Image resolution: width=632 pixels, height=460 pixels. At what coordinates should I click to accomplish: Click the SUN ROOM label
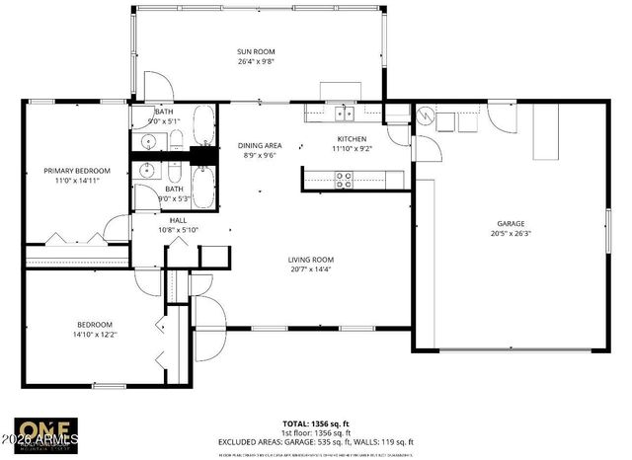(x=255, y=51)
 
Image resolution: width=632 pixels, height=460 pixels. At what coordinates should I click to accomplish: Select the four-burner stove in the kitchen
(x=345, y=179)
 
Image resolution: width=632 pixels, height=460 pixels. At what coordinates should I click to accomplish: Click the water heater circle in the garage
(x=426, y=116)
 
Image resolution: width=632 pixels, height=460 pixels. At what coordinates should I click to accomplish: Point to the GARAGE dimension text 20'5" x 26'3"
(x=510, y=234)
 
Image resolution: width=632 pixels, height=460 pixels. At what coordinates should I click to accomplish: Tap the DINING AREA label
(x=262, y=145)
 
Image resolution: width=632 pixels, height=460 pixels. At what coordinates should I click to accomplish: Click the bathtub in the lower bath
(x=203, y=187)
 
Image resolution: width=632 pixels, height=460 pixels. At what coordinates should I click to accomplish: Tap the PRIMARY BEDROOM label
(x=76, y=171)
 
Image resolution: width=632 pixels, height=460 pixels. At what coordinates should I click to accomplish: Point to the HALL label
(x=178, y=221)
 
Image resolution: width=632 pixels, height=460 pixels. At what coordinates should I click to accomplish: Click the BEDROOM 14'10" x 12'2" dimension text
(x=95, y=335)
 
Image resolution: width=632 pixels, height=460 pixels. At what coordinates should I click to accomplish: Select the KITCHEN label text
(x=352, y=139)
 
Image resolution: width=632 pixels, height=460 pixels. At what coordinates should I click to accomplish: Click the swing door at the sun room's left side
(x=158, y=86)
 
